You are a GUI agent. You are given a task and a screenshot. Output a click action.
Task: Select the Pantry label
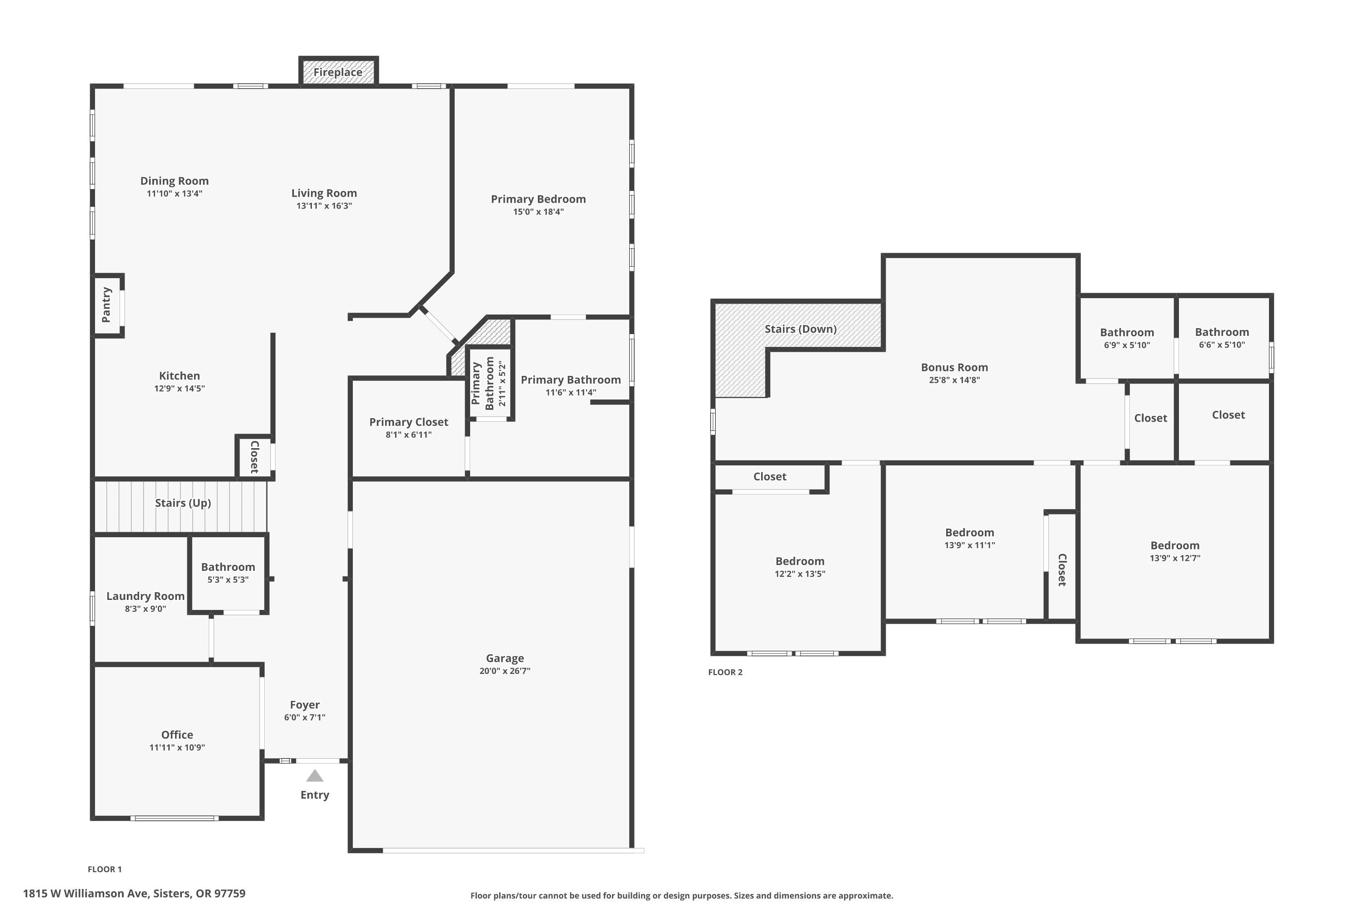tap(106, 305)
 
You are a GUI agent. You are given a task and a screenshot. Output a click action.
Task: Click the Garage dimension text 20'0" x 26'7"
tap(505, 671)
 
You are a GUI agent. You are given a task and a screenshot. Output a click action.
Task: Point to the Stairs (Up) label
tap(183, 503)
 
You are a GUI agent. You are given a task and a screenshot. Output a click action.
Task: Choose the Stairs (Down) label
tap(800, 329)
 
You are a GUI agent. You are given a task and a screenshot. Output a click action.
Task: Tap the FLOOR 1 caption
tap(105, 869)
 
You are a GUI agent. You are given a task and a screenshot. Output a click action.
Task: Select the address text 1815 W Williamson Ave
tap(86, 894)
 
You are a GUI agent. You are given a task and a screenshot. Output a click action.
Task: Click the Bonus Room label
tap(954, 367)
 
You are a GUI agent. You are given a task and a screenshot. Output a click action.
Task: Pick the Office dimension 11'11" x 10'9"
tap(177, 747)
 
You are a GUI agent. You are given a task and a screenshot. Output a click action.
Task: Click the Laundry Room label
tap(145, 596)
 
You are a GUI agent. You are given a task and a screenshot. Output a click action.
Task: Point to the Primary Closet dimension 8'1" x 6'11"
tap(408, 435)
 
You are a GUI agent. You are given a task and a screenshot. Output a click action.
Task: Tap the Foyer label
tap(305, 705)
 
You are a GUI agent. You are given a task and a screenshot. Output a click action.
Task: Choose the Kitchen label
tap(179, 376)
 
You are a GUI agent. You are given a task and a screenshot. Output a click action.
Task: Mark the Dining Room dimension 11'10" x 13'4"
tap(174, 194)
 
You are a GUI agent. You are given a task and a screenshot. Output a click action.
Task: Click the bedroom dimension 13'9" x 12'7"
tap(1174, 558)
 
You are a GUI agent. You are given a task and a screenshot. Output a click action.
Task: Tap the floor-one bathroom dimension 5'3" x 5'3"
tap(228, 580)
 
